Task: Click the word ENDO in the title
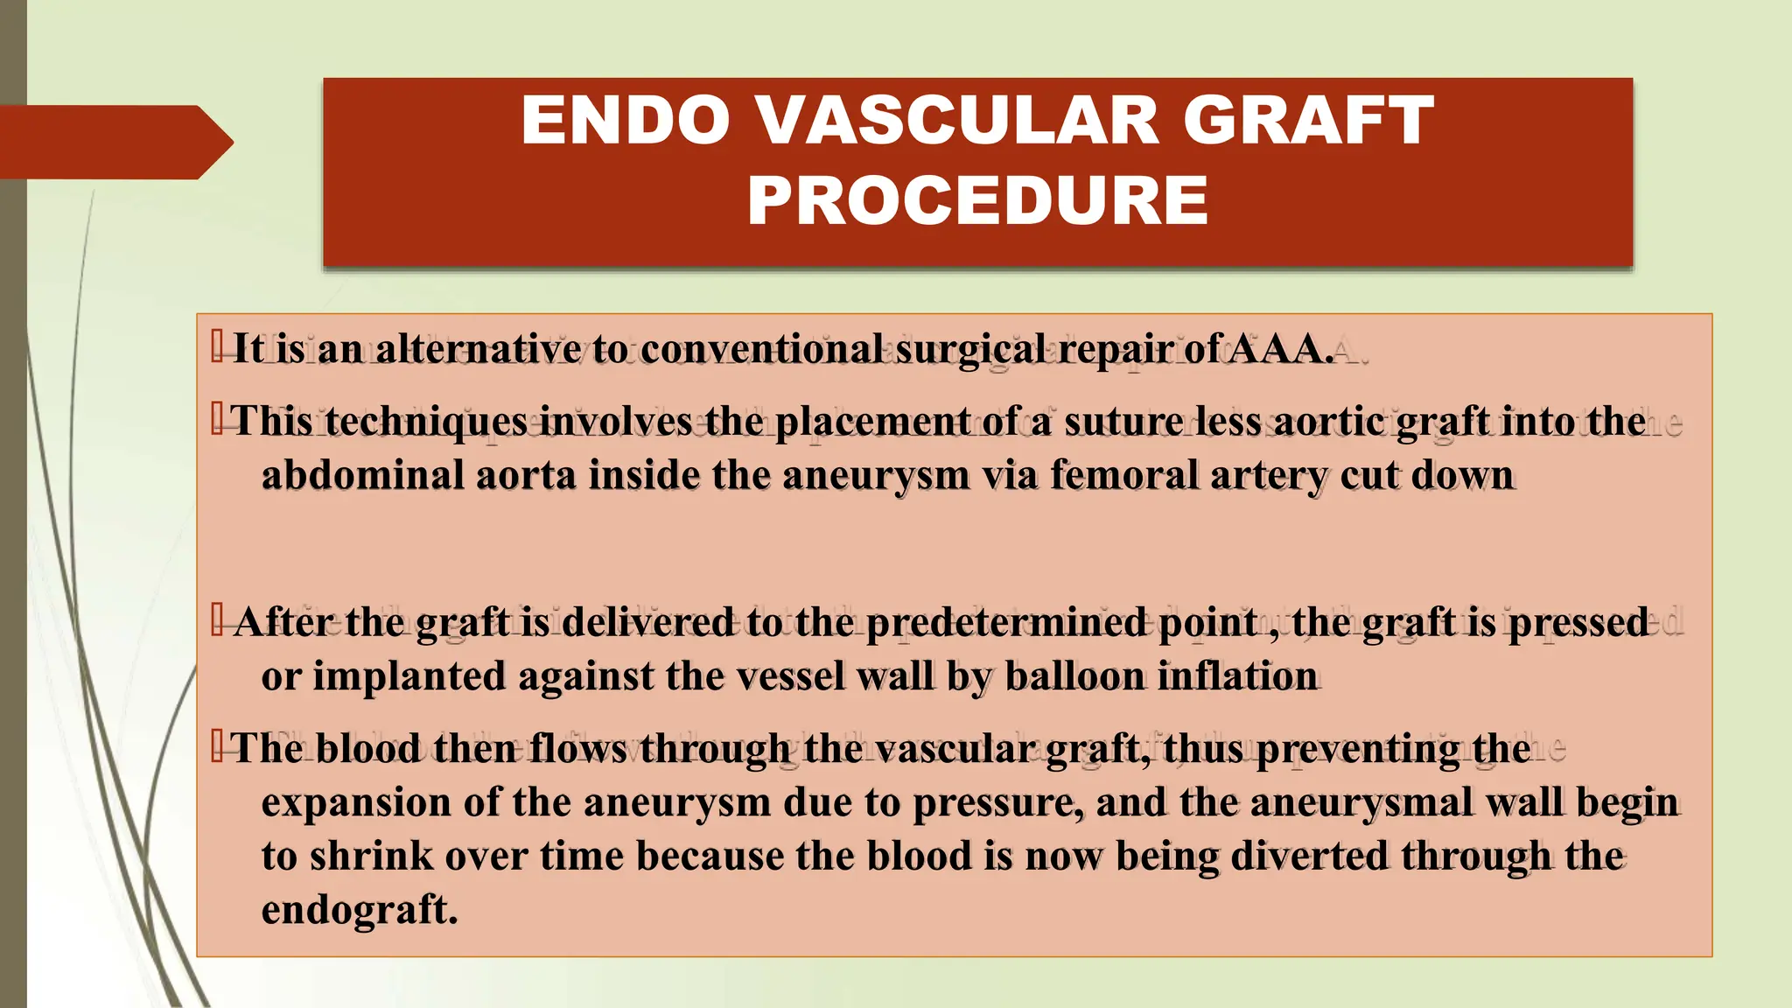(x=625, y=121)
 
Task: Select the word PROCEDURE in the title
(x=977, y=200)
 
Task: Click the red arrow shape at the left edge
(x=114, y=142)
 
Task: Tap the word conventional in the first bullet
(x=761, y=349)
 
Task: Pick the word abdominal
(x=363, y=476)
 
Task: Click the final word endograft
(x=359, y=910)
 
